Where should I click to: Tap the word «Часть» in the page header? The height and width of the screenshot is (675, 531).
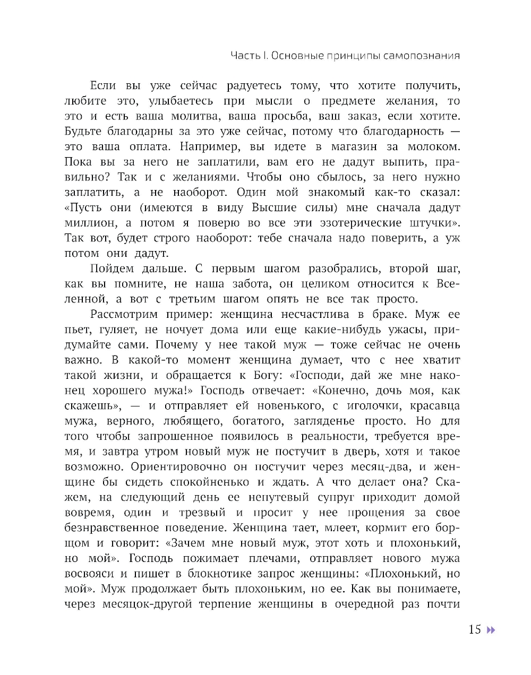click(245, 56)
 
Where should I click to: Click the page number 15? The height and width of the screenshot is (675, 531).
click(474, 629)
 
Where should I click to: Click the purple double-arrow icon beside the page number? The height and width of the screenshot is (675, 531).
click(491, 629)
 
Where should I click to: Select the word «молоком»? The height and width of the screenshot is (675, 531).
click(433, 146)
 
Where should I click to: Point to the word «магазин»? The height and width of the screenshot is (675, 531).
click(354, 146)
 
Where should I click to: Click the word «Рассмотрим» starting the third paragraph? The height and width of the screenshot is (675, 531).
click(121, 315)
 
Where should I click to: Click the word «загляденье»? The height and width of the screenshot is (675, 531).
click(324, 421)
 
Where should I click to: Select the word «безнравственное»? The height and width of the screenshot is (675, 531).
click(112, 528)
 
